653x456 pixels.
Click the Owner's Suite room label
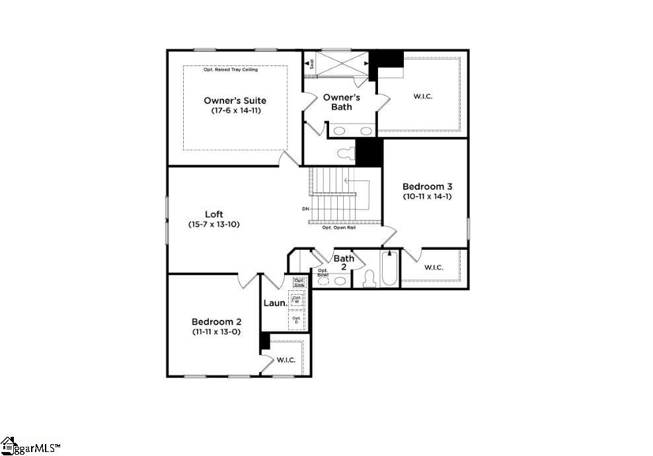pyautogui.click(x=235, y=100)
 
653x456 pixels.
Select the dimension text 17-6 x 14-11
pyautogui.click(x=235, y=111)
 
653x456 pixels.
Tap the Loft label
pyautogui.click(x=213, y=214)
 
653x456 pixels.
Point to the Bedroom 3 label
pyautogui.click(x=428, y=186)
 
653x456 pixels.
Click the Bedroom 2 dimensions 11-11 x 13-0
pyautogui.click(x=216, y=332)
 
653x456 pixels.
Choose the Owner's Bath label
pyautogui.click(x=341, y=102)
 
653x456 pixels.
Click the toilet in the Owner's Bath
pyautogui.click(x=344, y=154)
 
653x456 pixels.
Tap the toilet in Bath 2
pyautogui.click(x=369, y=279)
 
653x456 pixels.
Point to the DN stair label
pyautogui.click(x=305, y=209)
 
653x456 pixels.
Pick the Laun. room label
pyautogui.click(x=274, y=303)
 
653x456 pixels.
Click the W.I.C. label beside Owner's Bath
pyautogui.click(x=423, y=96)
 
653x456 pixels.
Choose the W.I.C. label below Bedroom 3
pyautogui.click(x=434, y=267)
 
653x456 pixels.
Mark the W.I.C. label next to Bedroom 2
pyautogui.click(x=286, y=360)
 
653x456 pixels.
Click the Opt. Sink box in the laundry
pyautogui.click(x=299, y=283)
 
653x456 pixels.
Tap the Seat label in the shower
pyautogui.click(x=310, y=63)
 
